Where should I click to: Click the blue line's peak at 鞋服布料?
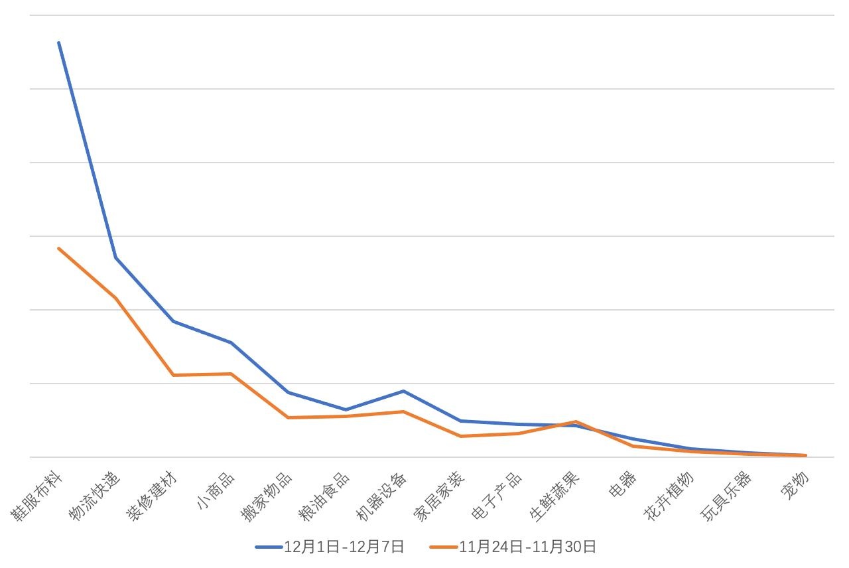(x=59, y=42)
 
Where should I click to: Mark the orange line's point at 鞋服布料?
(x=59, y=248)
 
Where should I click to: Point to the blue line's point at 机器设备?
(x=403, y=391)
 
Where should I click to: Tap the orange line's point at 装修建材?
(x=174, y=375)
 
